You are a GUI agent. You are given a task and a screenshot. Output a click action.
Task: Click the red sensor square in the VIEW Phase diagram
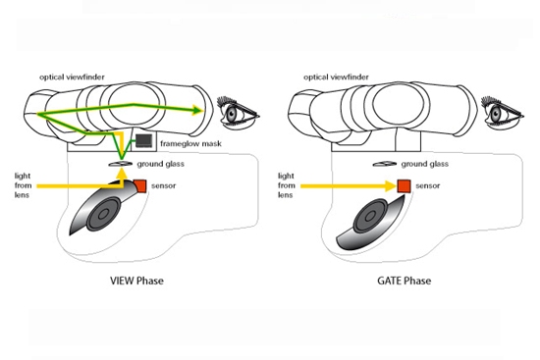(140, 185)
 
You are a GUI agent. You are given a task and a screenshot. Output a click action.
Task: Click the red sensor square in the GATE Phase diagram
(404, 186)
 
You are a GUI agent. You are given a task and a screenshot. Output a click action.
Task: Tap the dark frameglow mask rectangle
(143, 140)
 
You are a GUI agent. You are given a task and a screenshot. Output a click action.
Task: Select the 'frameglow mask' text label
(190, 143)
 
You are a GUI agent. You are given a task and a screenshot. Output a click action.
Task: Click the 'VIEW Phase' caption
(136, 281)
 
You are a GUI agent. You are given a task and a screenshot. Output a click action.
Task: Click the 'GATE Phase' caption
(404, 281)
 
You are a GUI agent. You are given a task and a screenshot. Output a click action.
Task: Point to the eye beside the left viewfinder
(238, 112)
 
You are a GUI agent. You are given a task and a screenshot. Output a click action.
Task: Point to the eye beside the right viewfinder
(502, 112)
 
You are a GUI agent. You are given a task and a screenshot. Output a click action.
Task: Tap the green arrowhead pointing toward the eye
(197, 110)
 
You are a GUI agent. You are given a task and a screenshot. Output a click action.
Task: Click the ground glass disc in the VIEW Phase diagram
(121, 164)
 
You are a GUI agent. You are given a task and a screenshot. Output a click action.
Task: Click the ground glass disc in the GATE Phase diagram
(385, 164)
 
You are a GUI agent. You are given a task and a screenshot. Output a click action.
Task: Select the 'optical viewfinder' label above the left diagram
(72, 77)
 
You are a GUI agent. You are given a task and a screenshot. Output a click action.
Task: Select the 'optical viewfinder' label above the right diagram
(336, 77)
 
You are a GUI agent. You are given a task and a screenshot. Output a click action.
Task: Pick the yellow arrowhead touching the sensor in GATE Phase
(392, 186)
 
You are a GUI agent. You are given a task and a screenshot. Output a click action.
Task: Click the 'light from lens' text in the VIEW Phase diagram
(24, 185)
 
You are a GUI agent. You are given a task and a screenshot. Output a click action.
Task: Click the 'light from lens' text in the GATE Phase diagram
(287, 185)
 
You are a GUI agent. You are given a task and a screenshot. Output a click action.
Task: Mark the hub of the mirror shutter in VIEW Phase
(103, 215)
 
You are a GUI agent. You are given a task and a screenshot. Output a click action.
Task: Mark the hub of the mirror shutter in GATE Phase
(370, 217)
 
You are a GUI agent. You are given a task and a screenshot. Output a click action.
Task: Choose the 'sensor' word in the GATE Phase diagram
(428, 185)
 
